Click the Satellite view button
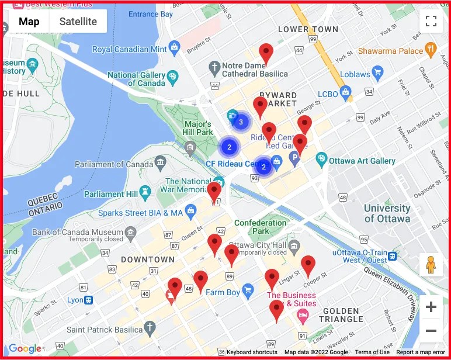78,22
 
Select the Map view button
29,22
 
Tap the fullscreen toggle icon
431,22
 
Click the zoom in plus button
431,307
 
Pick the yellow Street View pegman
431,265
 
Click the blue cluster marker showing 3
241,122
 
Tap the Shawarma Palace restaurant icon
432,50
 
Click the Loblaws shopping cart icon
377,74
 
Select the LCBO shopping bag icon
346,92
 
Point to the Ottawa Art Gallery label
362,161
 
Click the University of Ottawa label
387,213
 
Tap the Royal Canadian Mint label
129,50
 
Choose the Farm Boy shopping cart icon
248,290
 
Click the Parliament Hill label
112,194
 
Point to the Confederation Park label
260,227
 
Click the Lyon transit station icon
89,300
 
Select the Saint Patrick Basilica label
104,330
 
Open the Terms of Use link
372,352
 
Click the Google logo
25,349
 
